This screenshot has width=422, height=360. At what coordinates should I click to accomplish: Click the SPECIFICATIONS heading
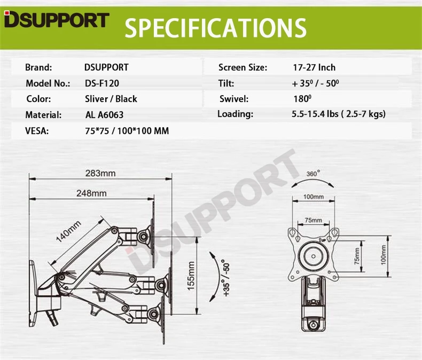(x=216, y=28)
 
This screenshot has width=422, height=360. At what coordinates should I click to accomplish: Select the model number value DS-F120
(x=103, y=83)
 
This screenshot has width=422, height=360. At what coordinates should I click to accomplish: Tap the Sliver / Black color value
(x=111, y=99)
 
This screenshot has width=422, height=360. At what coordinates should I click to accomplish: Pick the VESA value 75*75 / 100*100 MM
(x=127, y=130)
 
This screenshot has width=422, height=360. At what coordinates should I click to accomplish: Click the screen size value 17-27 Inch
(x=314, y=68)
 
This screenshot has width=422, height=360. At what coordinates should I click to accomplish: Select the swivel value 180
(x=302, y=99)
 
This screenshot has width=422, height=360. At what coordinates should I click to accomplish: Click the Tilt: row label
(x=226, y=83)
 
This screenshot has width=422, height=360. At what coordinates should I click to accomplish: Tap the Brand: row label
(x=38, y=68)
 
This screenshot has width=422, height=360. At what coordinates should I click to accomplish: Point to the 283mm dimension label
(x=100, y=173)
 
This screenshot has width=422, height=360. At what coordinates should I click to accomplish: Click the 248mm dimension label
(x=91, y=193)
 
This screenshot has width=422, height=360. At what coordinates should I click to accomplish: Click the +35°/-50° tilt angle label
(x=226, y=278)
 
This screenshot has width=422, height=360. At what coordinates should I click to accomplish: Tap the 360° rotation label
(x=313, y=174)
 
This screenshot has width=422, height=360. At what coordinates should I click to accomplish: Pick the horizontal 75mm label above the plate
(x=313, y=220)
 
